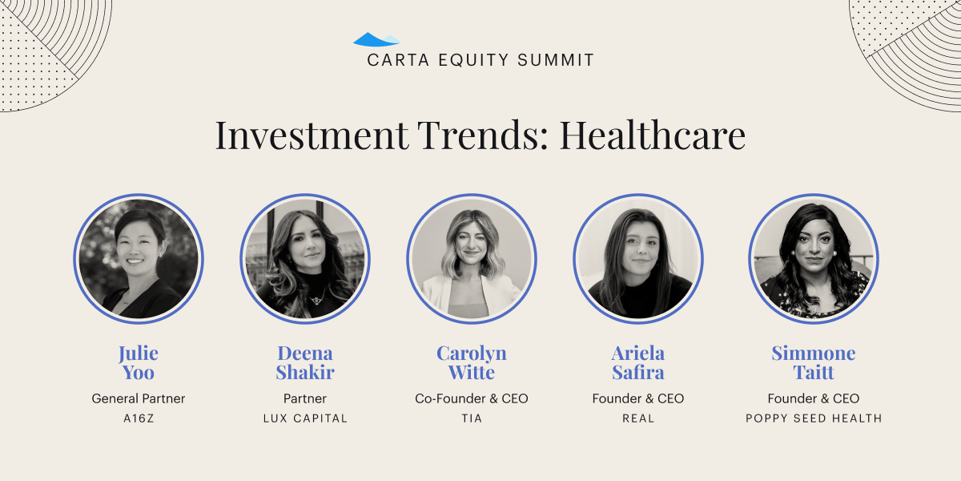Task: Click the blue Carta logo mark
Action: click(x=376, y=39)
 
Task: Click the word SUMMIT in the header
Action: click(x=556, y=60)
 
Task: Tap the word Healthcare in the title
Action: click(x=653, y=135)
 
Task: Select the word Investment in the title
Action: click(x=312, y=135)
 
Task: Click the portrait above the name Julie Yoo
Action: click(x=139, y=259)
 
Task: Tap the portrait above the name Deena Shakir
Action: click(x=305, y=259)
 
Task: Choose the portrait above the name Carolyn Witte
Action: click(x=472, y=259)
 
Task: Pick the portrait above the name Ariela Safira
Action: click(x=638, y=259)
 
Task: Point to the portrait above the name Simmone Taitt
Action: click(x=814, y=259)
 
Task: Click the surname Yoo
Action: click(x=138, y=372)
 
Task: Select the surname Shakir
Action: click(x=305, y=372)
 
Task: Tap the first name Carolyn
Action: click(x=472, y=354)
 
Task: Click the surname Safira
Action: click(x=638, y=372)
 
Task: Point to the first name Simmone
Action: click(x=814, y=353)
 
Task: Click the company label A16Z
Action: click(x=139, y=418)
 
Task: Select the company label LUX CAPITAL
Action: click(x=305, y=418)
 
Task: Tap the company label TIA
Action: click(x=472, y=418)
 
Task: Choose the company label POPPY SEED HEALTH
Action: click(x=814, y=418)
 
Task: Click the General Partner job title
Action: click(x=138, y=398)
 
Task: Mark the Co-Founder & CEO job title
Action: click(x=472, y=398)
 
